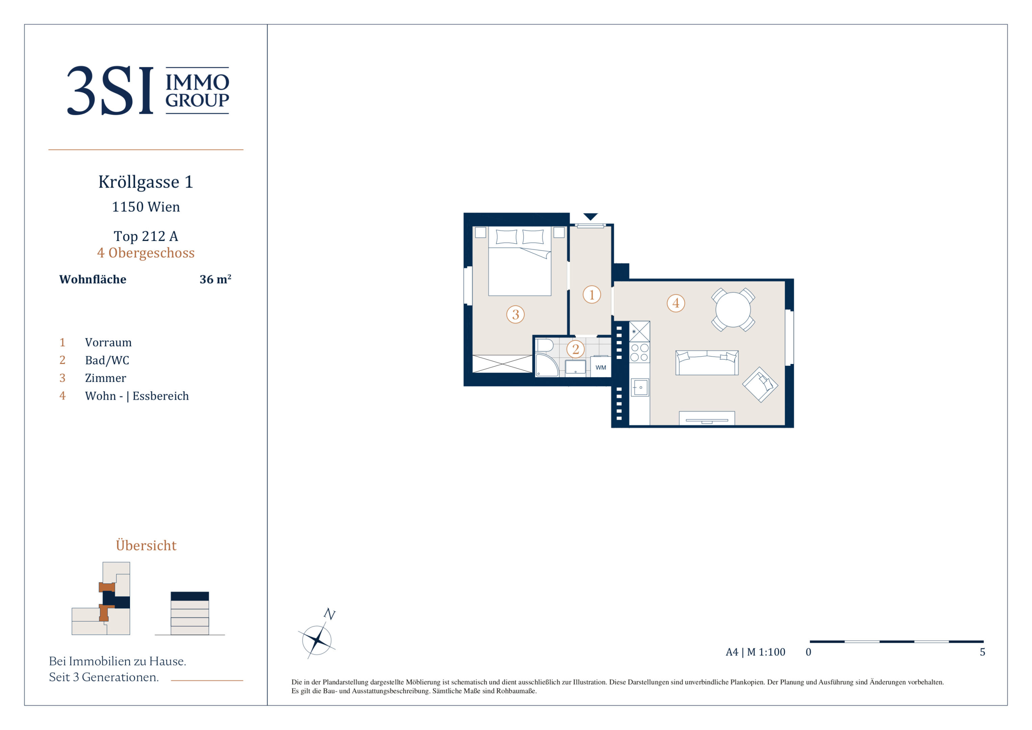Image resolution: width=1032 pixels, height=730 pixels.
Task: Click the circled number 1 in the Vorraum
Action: (x=591, y=295)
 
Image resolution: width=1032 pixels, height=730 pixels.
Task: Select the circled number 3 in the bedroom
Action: (x=515, y=314)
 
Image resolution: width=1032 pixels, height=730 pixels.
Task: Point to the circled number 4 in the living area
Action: (x=676, y=303)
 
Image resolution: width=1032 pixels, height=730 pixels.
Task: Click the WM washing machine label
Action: (x=601, y=367)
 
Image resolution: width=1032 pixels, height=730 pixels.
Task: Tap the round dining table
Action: (x=733, y=310)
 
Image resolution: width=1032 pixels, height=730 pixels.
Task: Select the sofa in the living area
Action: (x=707, y=363)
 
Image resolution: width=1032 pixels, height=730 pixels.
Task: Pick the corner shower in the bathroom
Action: (x=547, y=365)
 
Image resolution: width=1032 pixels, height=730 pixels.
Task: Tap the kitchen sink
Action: (x=639, y=387)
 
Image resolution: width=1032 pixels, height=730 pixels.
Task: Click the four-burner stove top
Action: (x=639, y=352)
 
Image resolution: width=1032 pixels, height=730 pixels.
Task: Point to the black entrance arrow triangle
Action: (x=590, y=217)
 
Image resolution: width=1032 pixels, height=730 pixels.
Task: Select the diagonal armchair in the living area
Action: (x=760, y=385)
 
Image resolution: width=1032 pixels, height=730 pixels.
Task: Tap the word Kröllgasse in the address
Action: (x=139, y=182)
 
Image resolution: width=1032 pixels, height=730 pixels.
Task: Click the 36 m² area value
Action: (x=215, y=279)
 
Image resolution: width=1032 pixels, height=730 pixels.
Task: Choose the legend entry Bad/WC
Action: (x=107, y=360)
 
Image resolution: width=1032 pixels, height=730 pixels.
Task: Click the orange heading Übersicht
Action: (x=146, y=545)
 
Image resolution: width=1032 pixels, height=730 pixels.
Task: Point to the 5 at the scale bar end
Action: (x=983, y=652)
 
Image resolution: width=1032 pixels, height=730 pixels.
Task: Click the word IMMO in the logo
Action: (x=197, y=82)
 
